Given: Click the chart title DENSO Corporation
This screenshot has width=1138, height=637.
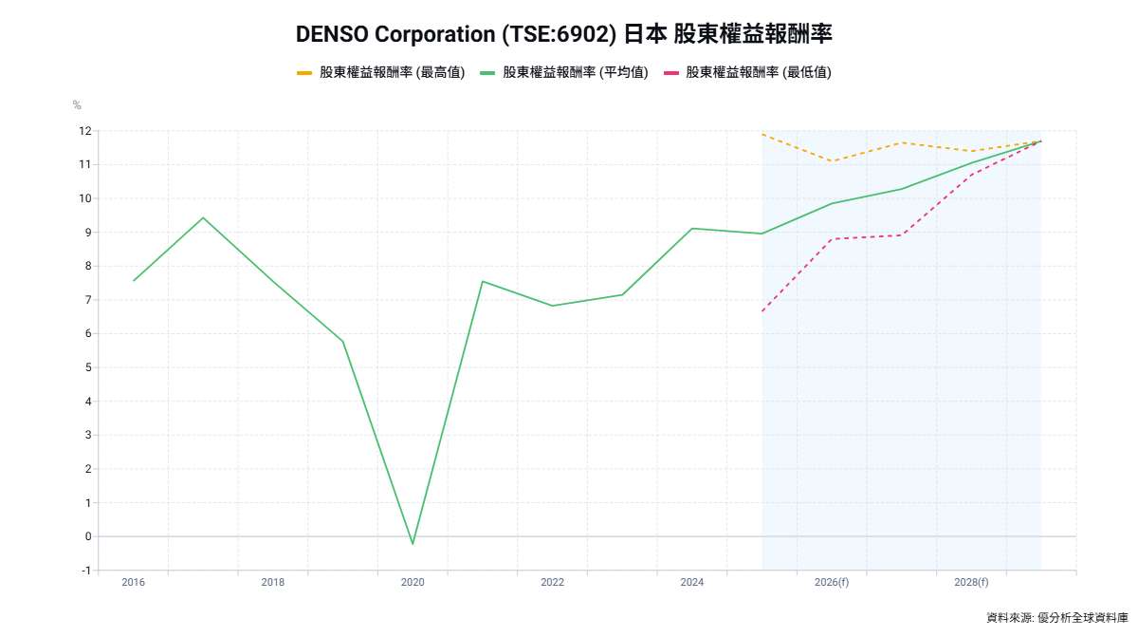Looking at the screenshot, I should point(563,34).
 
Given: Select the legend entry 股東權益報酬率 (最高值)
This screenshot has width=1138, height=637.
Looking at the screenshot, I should point(380,72).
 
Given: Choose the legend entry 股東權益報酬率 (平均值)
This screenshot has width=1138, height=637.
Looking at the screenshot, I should point(564,72).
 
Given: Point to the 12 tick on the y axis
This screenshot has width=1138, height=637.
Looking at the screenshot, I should point(85,131).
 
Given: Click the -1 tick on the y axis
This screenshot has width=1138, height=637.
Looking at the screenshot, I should point(85,571).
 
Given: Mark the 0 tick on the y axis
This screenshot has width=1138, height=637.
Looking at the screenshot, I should point(87,536).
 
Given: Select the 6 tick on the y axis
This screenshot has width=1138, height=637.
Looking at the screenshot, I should point(87,333).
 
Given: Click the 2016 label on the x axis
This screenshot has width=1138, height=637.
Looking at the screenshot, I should point(134,582).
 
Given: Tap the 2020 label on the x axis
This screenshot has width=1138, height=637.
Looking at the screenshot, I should point(413,582).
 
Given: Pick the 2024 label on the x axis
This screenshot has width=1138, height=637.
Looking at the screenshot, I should point(692,582).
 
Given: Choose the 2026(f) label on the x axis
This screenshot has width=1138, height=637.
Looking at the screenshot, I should point(832,582).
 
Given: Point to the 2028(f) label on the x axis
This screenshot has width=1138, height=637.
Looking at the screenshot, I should point(971,582).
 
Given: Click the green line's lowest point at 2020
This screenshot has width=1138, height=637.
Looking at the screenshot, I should point(413,544).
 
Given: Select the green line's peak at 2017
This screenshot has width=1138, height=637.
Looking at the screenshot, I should point(203,218).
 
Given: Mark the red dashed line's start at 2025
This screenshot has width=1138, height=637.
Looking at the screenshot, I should point(762,311).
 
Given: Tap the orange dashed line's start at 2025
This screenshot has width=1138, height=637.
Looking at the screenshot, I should point(762,134).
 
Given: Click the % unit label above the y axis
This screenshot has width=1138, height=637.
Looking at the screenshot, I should point(77,104).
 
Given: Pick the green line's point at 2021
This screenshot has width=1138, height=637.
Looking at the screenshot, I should point(483,281).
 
